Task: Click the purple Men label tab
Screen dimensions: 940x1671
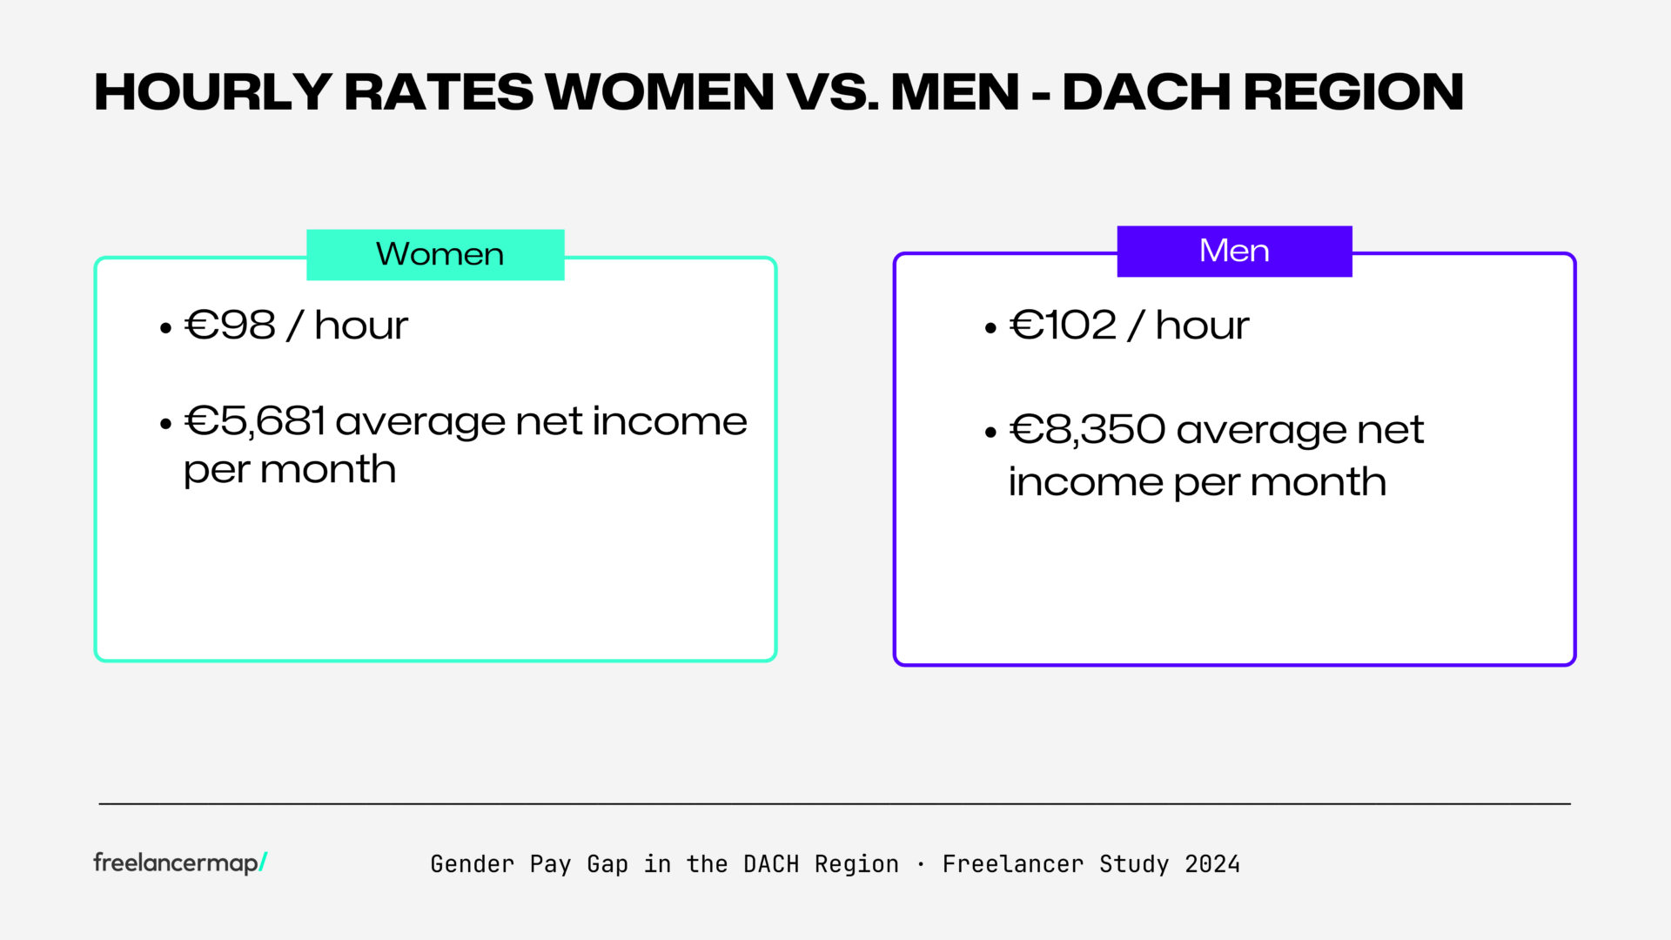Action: click(1234, 252)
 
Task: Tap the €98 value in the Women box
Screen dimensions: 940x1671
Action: click(231, 326)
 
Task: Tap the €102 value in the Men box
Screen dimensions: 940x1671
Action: click(1063, 326)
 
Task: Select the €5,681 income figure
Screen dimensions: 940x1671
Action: click(255, 421)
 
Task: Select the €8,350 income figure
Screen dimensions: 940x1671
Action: click(1087, 430)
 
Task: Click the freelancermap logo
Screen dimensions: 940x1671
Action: click(179, 863)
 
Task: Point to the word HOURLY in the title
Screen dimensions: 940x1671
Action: click(212, 92)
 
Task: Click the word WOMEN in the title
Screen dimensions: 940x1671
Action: click(660, 92)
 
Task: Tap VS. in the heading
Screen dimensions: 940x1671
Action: click(832, 92)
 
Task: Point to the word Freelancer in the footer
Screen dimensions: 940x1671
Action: click(1013, 864)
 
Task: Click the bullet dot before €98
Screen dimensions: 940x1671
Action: click(166, 328)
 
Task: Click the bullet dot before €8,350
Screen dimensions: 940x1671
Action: click(990, 432)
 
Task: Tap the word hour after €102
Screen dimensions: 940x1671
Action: click(1202, 326)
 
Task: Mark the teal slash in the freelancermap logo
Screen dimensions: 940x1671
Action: click(263, 862)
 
